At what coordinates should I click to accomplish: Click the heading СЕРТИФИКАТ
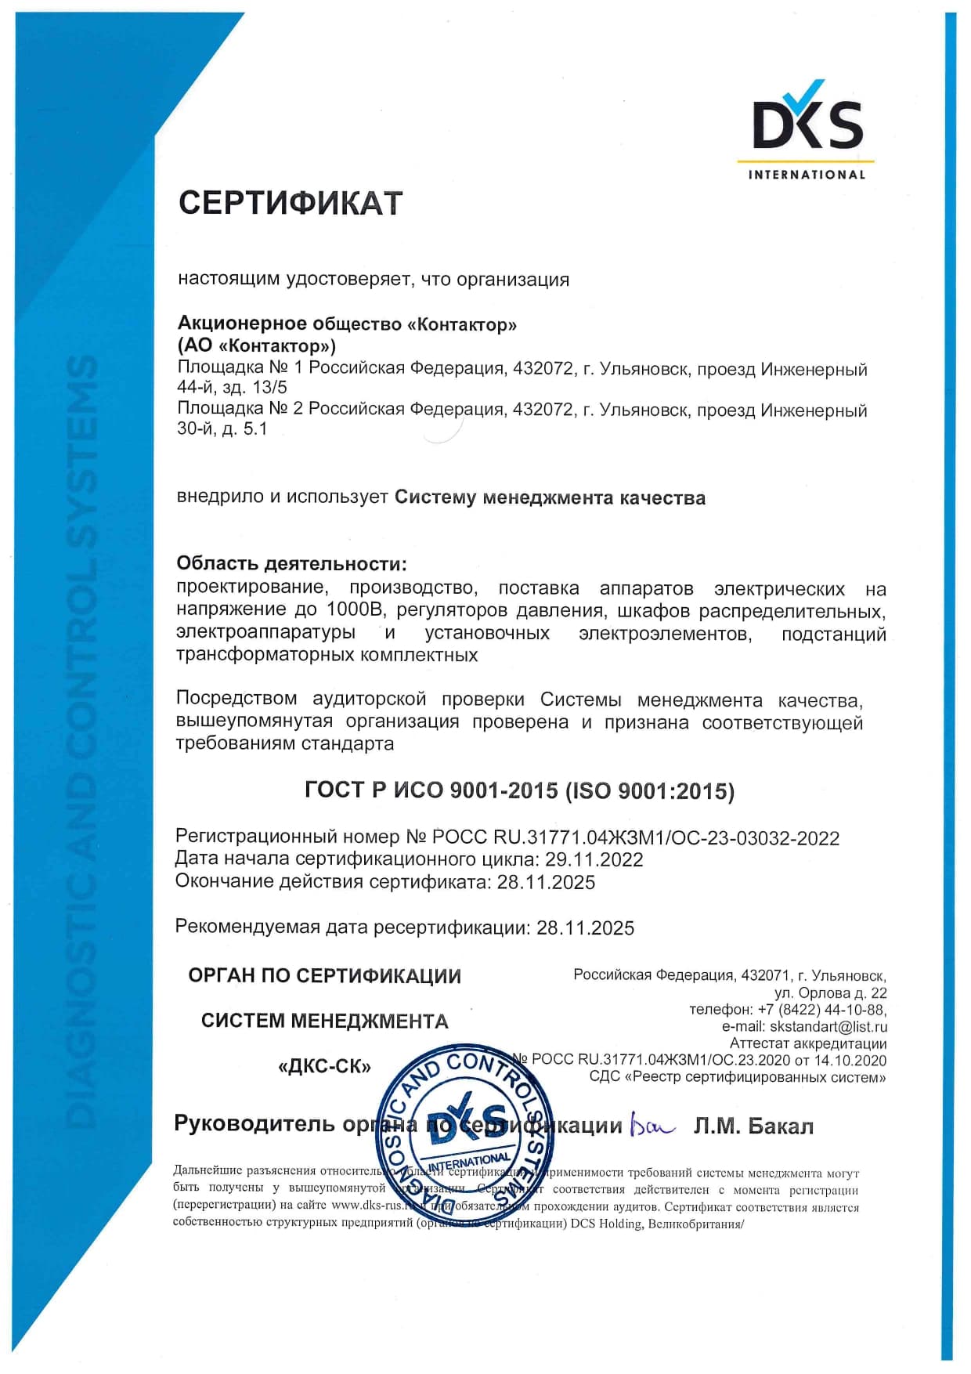tap(291, 204)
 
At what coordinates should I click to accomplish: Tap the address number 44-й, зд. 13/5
tap(232, 387)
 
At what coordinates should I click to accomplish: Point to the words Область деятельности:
tap(291, 563)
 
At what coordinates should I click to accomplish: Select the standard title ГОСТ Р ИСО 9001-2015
tap(431, 790)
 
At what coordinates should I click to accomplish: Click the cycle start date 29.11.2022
tap(594, 859)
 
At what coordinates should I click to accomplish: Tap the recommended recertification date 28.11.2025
tap(585, 927)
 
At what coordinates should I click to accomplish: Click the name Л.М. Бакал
tap(753, 1126)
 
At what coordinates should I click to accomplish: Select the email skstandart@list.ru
tap(828, 1026)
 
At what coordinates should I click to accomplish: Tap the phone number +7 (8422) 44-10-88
tap(821, 1010)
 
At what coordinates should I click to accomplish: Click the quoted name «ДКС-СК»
tap(324, 1066)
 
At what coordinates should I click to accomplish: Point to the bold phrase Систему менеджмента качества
tap(550, 498)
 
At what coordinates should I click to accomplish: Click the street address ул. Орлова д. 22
tap(831, 993)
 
